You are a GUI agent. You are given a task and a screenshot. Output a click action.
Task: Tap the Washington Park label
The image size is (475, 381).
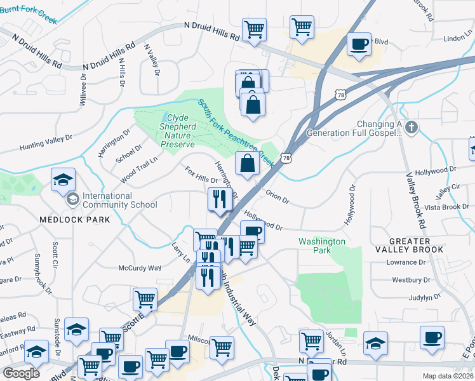pyautogui.click(x=322, y=246)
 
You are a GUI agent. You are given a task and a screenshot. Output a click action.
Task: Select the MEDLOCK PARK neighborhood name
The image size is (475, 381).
pyautogui.click(x=74, y=220)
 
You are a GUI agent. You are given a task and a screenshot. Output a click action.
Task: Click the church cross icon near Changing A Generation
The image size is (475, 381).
pyautogui.click(x=411, y=128)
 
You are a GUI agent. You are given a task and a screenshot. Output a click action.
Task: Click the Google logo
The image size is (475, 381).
pyautogui.click(x=22, y=373)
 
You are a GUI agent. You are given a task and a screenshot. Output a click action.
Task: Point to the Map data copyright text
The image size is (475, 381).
pyautogui.click(x=448, y=376)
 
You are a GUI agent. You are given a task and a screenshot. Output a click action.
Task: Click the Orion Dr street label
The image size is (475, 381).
pyautogui.click(x=278, y=197)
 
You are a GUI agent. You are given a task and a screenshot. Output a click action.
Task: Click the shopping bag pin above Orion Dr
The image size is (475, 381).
pyautogui.click(x=246, y=163)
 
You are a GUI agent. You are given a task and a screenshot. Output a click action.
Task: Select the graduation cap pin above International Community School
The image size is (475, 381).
pyautogui.click(x=64, y=180)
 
